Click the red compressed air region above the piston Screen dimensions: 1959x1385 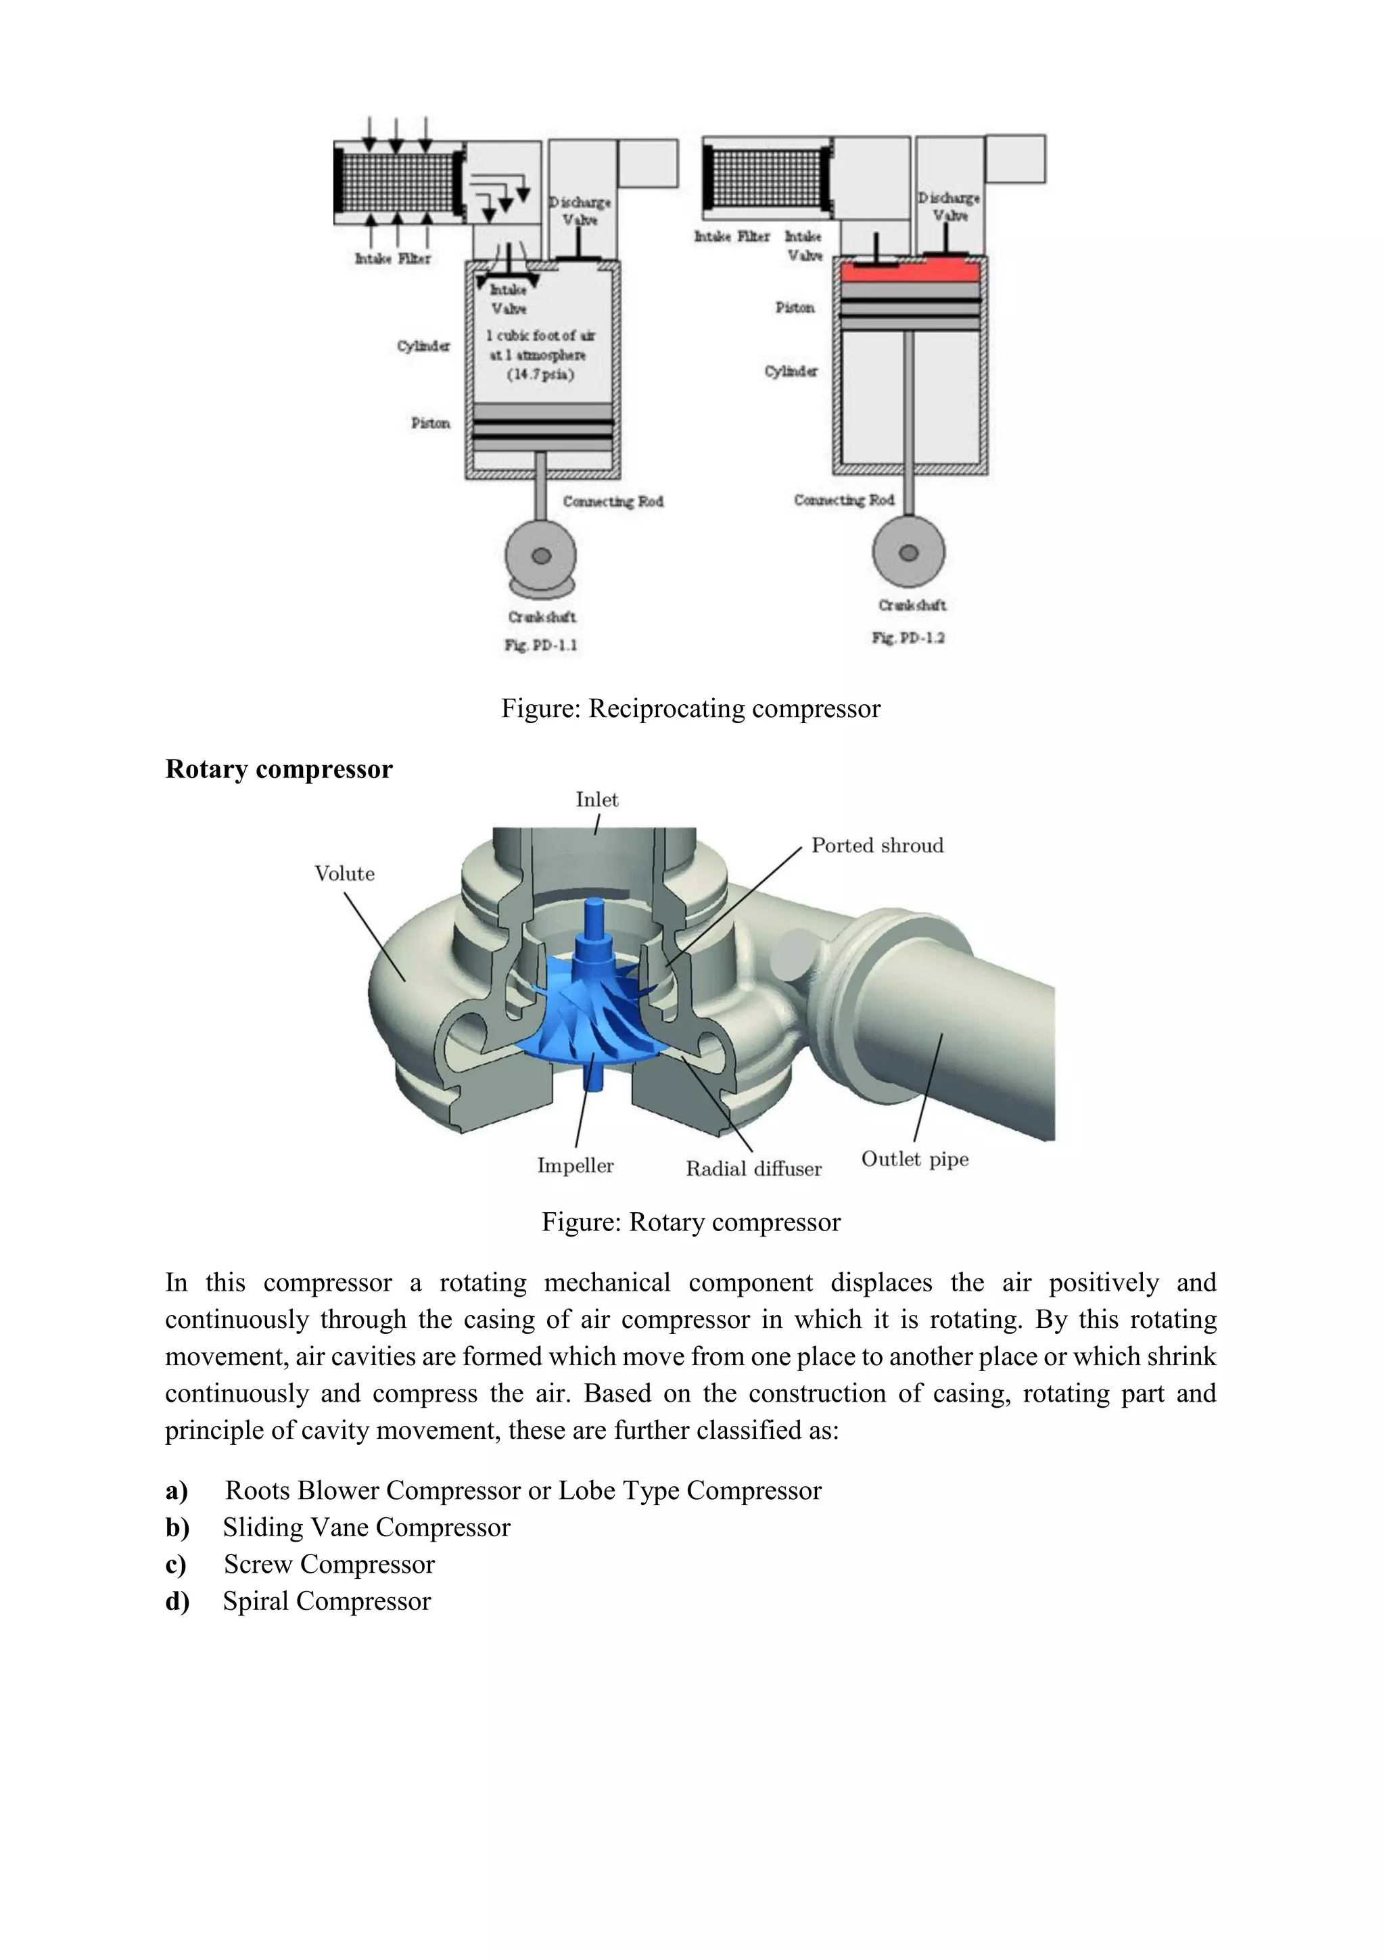[x=910, y=273]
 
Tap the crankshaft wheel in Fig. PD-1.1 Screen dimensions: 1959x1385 [x=541, y=555]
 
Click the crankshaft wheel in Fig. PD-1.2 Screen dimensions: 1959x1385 [x=909, y=552]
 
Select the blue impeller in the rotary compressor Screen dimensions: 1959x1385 [x=588, y=1015]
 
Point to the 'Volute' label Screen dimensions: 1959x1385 [x=344, y=874]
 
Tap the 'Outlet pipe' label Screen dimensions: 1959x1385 [x=914, y=1159]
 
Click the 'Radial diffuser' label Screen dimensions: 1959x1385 [x=754, y=1168]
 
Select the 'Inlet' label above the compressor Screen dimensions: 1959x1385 [x=597, y=800]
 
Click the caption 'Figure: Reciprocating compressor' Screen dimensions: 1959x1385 [x=690, y=708]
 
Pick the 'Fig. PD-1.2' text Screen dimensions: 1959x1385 [x=908, y=637]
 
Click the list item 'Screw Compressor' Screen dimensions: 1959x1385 [x=329, y=1564]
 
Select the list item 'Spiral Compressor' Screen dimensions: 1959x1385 [x=327, y=1600]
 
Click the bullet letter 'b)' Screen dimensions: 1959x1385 [x=177, y=1527]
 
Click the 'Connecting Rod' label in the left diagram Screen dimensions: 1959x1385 [x=612, y=501]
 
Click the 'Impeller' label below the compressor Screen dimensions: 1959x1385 [x=575, y=1166]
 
